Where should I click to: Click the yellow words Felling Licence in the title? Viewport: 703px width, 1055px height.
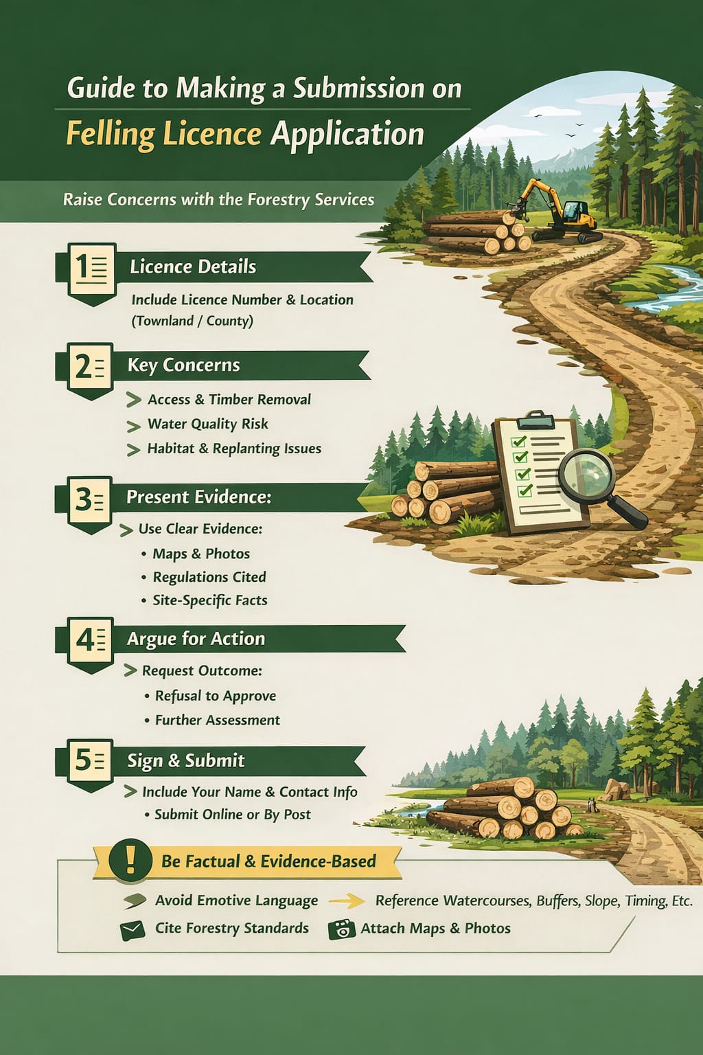click(x=163, y=134)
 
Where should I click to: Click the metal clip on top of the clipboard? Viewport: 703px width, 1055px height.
click(x=540, y=419)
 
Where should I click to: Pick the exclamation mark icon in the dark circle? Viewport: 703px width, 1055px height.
click(x=130, y=859)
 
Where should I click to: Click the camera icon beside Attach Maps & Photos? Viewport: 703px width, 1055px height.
click(x=342, y=929)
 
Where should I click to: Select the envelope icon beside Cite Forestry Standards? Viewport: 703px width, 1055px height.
click(x=132, y=930)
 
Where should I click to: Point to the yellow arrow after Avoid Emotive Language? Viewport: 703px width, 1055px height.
click(x=347, y=901)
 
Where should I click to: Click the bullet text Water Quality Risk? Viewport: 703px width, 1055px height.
click(x=207, y=424)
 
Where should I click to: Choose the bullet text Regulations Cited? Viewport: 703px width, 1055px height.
click(x=209, y=577)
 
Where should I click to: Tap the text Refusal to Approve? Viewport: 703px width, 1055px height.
click(x=216, y=696)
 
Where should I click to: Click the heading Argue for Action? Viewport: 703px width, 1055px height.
click(x=196, y=639)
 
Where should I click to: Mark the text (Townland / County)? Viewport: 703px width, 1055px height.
click(x=192, y=321)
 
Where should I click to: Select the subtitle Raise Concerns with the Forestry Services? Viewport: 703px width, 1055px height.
click(x=218, y=200)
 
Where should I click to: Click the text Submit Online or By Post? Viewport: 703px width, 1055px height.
click(x=233, y=815)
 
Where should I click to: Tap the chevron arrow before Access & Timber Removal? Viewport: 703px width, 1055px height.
click(x=134, y=400)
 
